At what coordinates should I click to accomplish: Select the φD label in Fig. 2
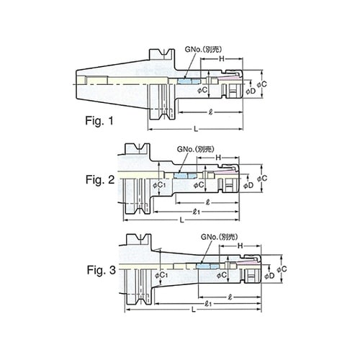coord(248,186)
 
